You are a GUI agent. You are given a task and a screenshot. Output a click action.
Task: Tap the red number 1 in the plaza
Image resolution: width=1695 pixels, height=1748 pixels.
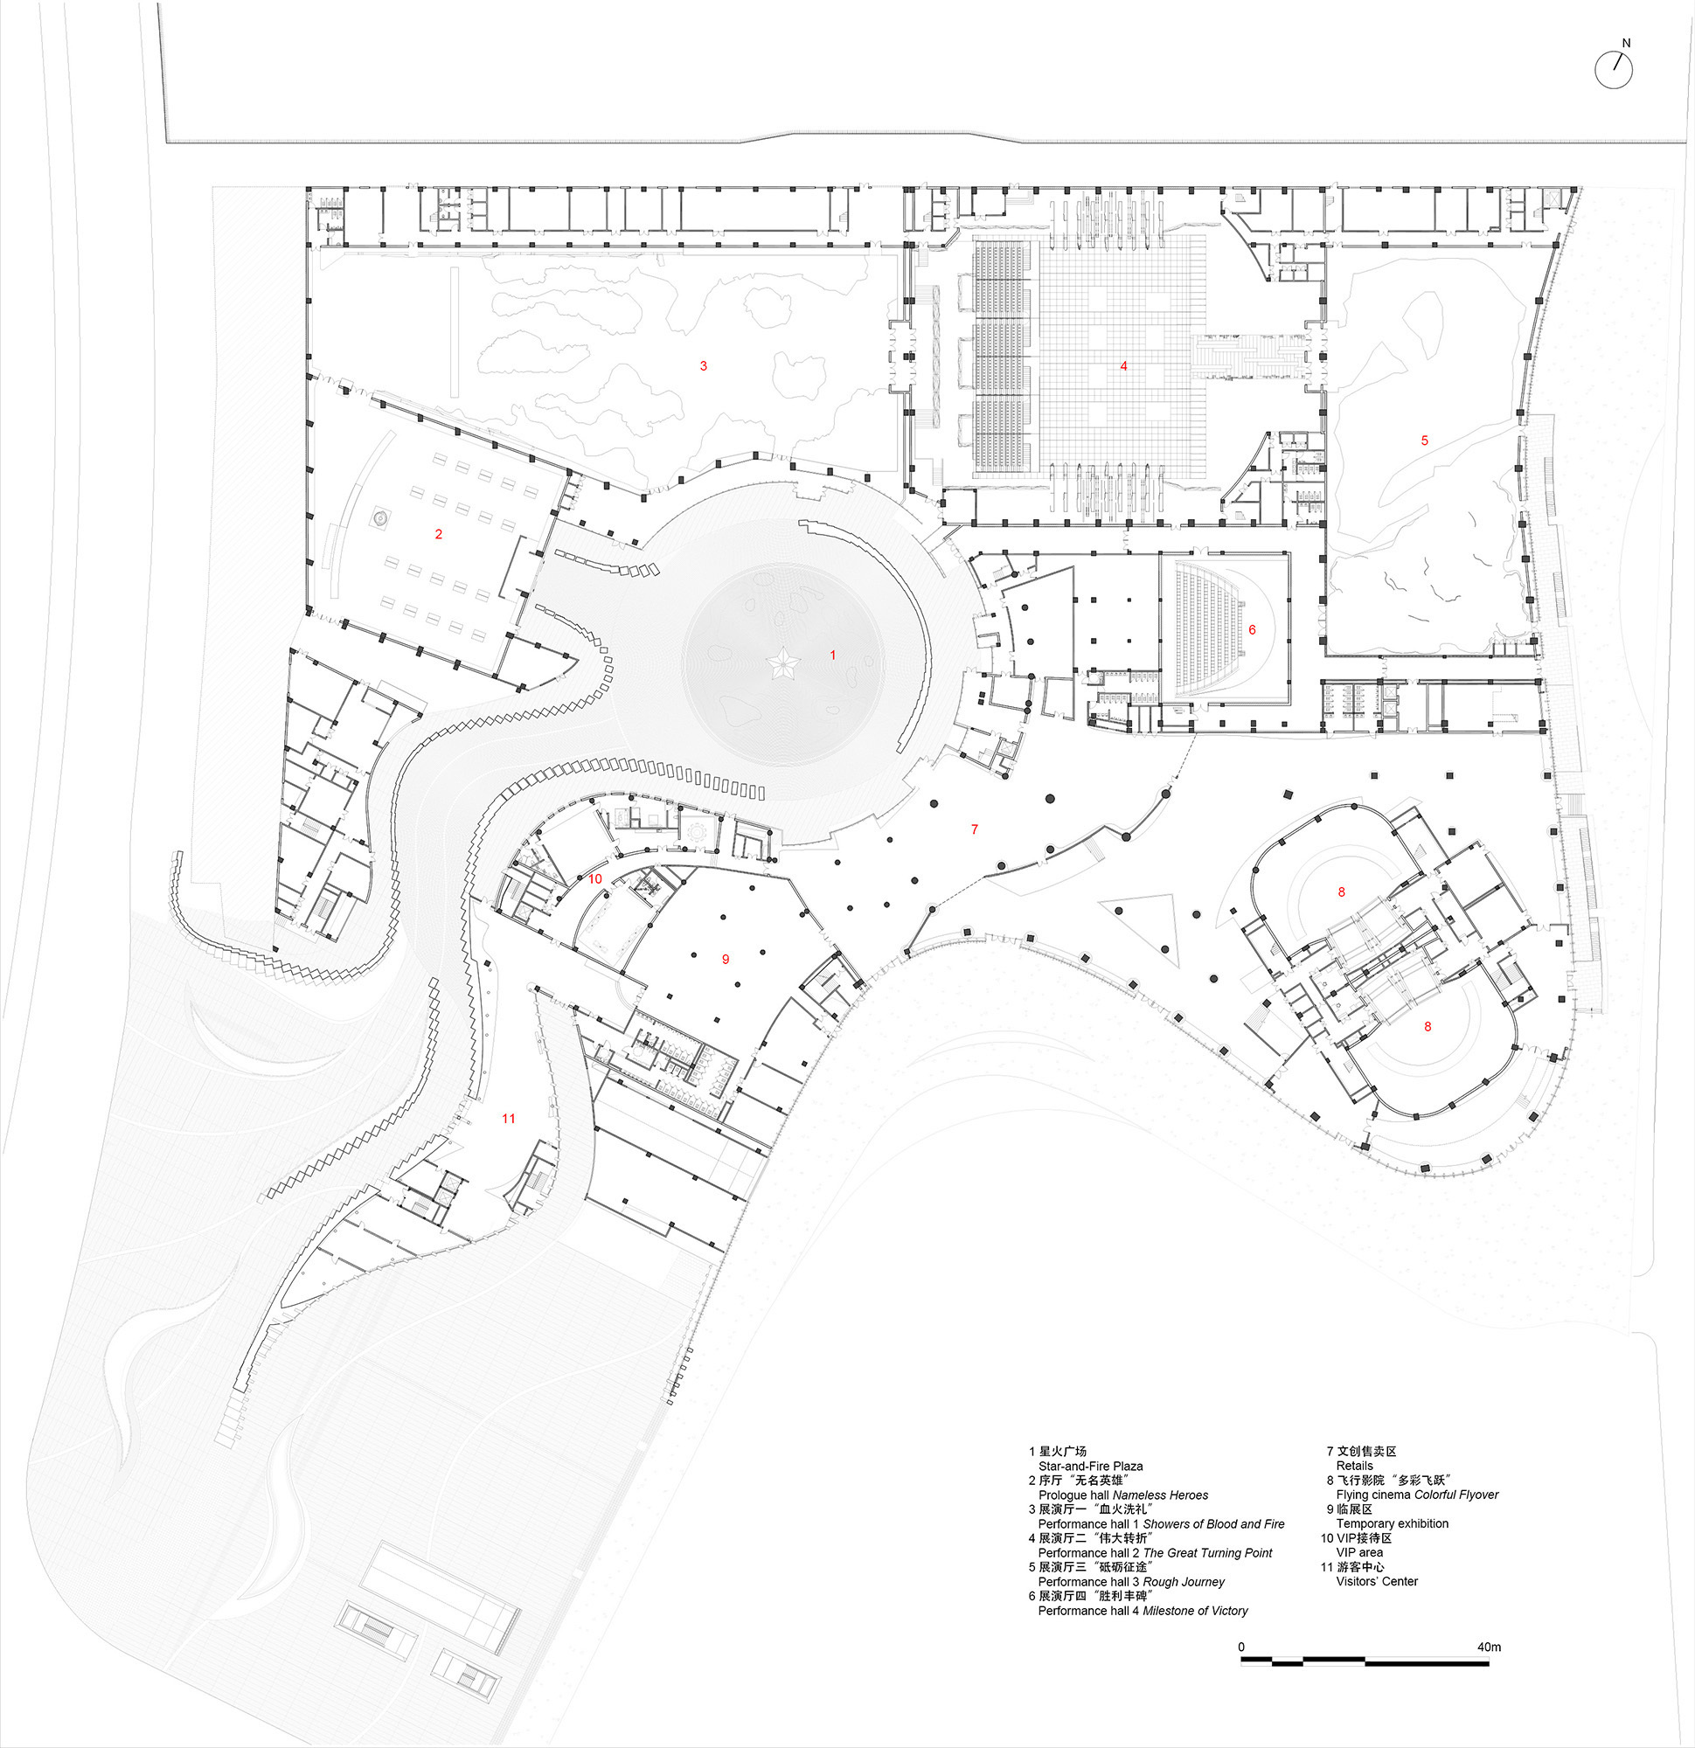coord(833,655)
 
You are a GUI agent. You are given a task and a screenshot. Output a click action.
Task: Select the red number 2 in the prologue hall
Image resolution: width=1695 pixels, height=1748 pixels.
coord(438,534)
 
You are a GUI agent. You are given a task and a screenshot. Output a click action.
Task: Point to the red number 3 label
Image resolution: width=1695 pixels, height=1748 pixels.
coord(703,365)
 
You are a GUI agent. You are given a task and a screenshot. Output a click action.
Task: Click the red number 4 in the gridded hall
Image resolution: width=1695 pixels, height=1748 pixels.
coord(1124,365)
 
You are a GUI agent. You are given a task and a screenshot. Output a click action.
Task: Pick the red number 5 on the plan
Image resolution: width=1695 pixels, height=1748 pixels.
coord(1424,440)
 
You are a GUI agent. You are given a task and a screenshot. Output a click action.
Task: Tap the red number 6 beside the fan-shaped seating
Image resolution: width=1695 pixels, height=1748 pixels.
coord(1252,629)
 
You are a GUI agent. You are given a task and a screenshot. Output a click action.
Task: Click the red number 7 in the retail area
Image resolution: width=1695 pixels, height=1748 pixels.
coord(974,829)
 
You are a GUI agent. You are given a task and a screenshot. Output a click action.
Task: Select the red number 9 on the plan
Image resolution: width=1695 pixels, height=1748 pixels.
coord(726,959)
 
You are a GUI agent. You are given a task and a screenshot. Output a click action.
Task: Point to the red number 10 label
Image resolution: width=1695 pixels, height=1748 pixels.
coord(595,878)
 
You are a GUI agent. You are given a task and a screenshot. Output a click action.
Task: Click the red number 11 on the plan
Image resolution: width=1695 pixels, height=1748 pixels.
coord(509,1119)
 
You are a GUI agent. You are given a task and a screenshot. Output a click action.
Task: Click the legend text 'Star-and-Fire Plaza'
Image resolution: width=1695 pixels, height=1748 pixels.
coord(1090,1467)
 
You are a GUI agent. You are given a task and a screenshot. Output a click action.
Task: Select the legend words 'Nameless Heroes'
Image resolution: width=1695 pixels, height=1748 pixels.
coord(1161,1495)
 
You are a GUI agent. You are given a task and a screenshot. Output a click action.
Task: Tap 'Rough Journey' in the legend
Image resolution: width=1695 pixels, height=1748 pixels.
coord(1184,1582)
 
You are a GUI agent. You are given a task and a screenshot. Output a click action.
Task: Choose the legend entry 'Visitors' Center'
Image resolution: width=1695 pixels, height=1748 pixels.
coord(1377,1581)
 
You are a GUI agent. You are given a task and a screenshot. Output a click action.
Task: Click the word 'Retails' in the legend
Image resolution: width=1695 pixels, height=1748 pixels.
coord(1354,1466)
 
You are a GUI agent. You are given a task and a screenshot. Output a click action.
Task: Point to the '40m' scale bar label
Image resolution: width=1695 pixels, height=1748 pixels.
coord(1489,1647)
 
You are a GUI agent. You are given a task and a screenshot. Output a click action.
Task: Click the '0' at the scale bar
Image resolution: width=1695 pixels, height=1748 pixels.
coord(1242,1647)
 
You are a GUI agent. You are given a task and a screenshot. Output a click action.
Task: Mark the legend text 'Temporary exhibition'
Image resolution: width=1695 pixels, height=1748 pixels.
coord(1392,1523)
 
